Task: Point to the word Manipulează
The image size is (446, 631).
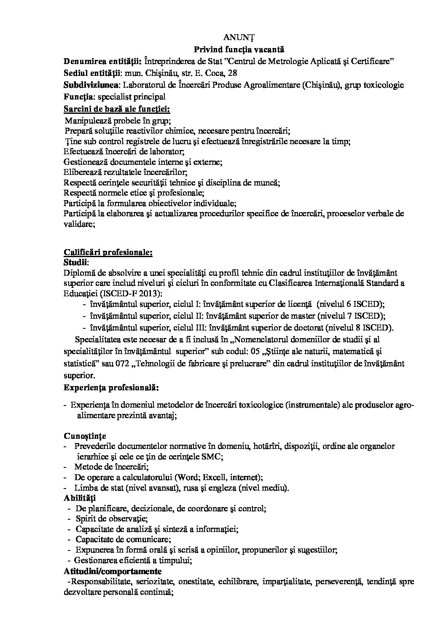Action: [86, 121]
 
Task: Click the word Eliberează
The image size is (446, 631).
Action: [81, 172]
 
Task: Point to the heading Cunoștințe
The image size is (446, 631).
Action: [85, 435]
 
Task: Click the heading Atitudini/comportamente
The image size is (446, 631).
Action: [113, 571]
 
